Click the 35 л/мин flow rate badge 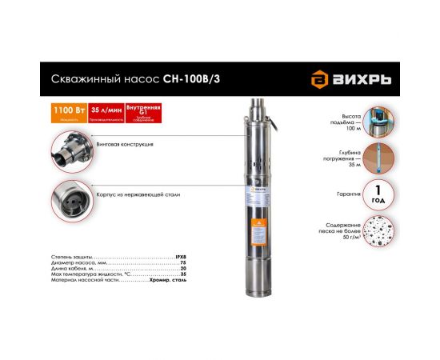pyautogui.click(x=96, y=110)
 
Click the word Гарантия pyautogui.click(x=337, y=194)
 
